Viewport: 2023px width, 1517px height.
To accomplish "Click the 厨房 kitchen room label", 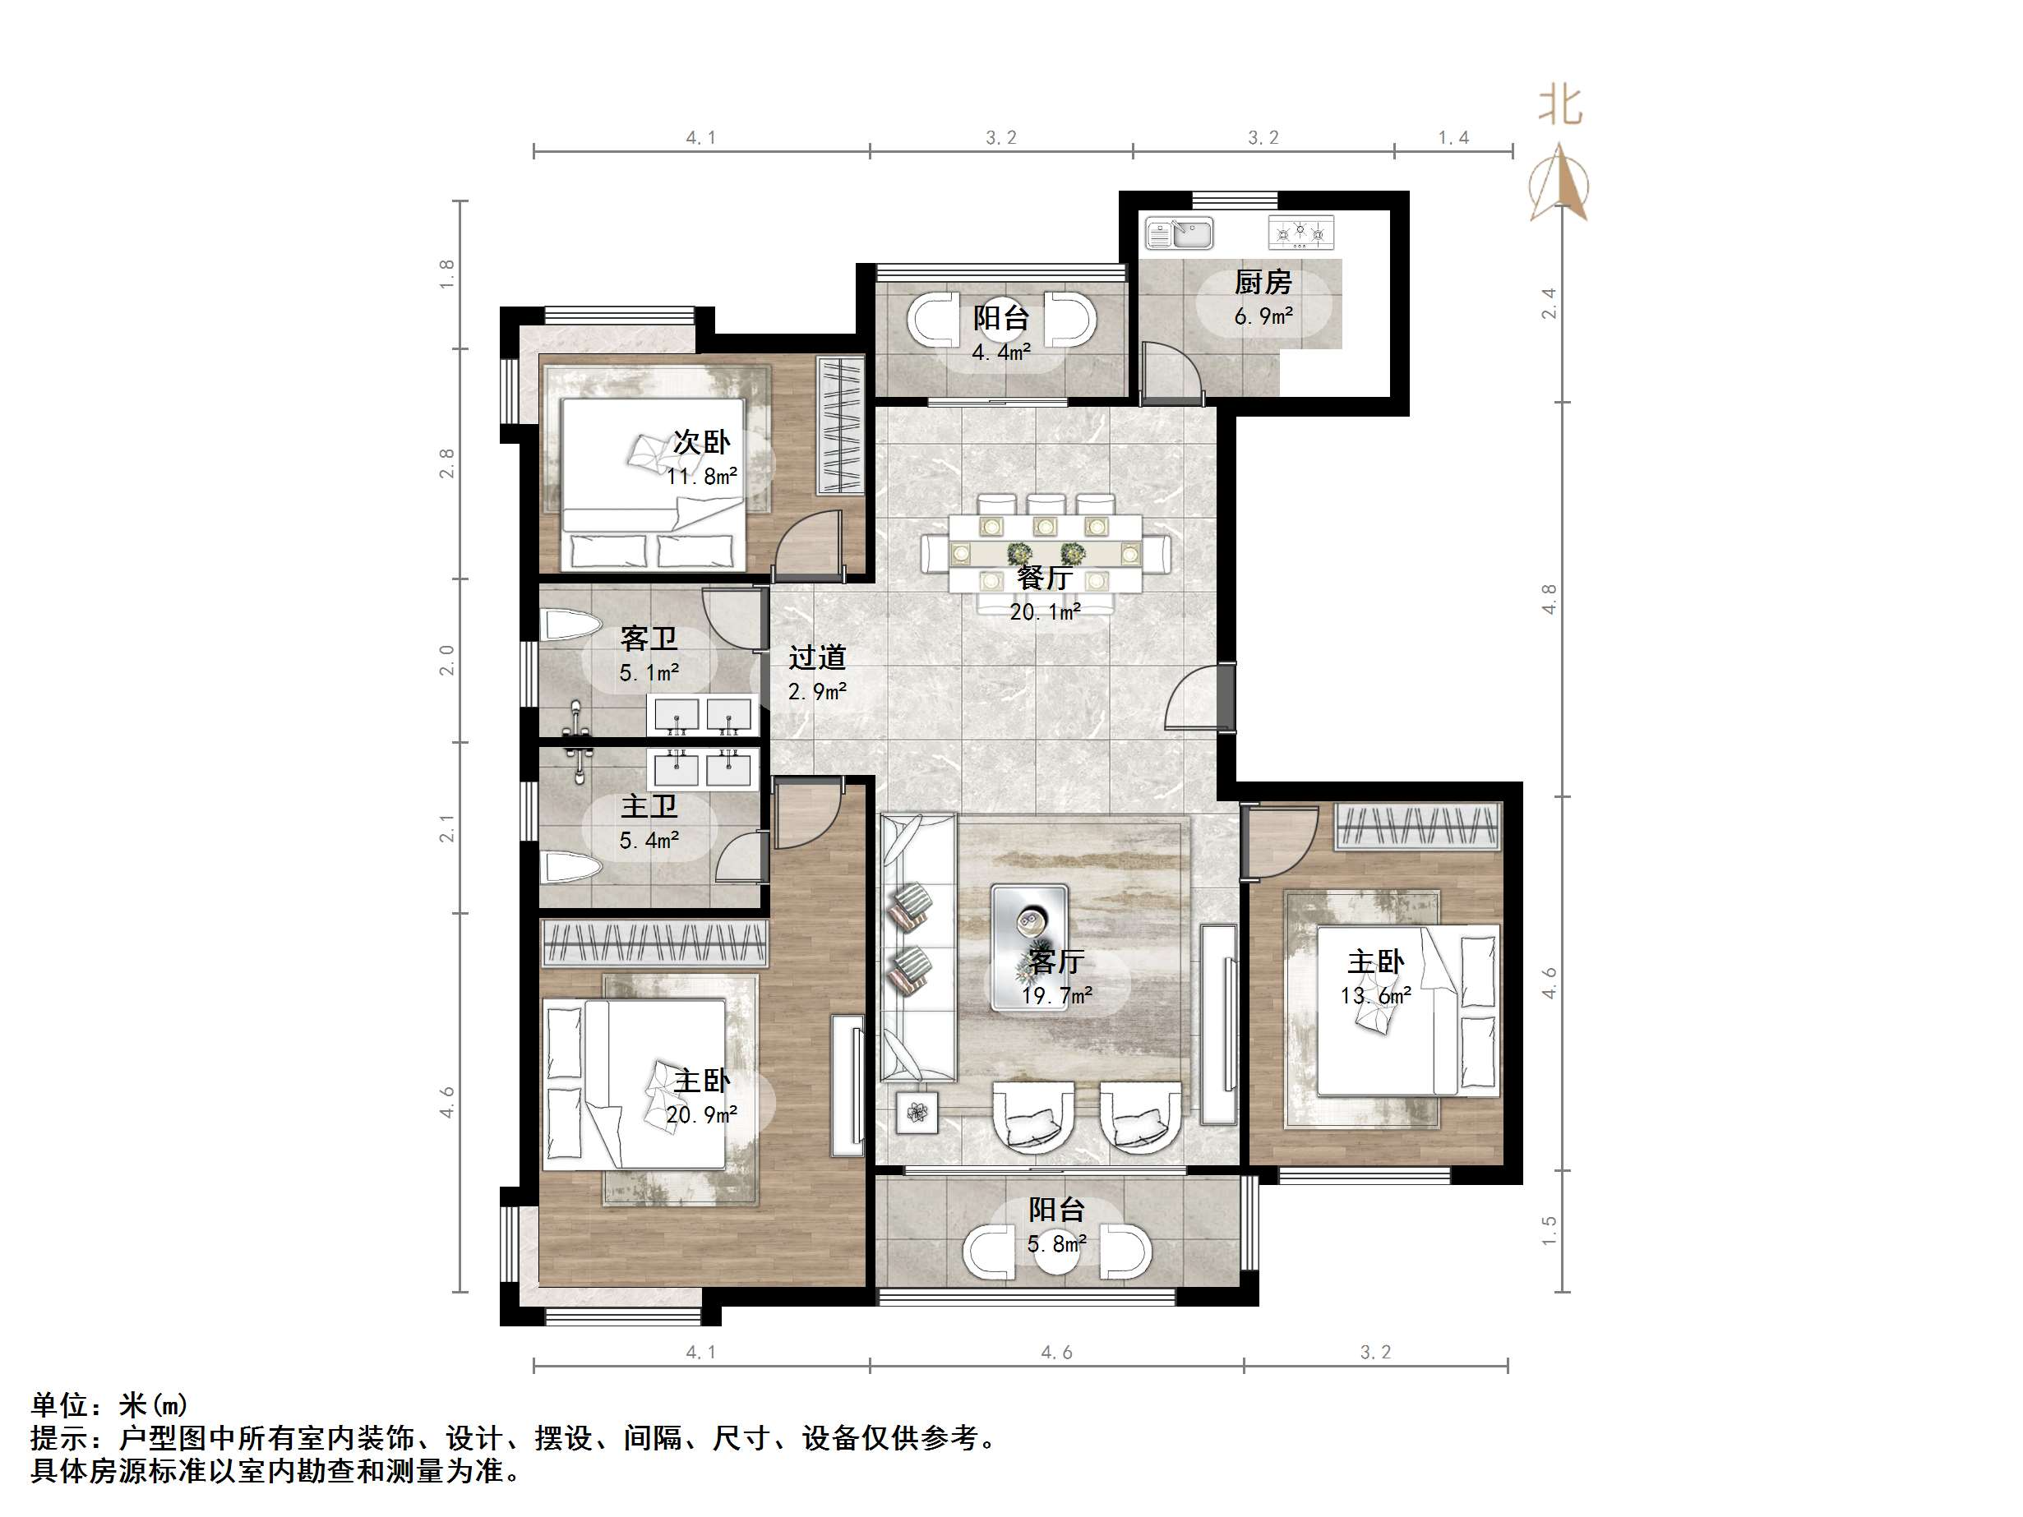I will pyautogui.click(x=1262, y=282).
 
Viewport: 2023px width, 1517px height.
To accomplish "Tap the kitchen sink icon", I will pyautogui.click(x=1179, y=233).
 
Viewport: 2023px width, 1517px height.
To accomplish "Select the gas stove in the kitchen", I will pyautogui.click(x=1300, y=233).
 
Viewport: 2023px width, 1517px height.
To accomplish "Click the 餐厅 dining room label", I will pyautogui.click(x=1045, y=577).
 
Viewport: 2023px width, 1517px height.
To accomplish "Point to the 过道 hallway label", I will pyautogui.click(x=817, y=657).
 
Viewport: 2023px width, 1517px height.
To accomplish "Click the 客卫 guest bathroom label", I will pyautogui.click(x=648, y=638).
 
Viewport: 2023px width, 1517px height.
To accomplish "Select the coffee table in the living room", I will pyautogui.click(x=1030, y=947).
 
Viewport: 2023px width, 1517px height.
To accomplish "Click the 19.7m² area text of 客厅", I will pyautogui.click(x=1056, y=995).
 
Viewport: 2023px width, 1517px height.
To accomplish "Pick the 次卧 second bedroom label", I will pyautogui.click(x=701, y=443).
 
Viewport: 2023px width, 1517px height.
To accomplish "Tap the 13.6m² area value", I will pyautogui.click(x=1375, y=996).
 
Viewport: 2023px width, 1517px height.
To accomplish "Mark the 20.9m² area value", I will pyautogui.click(x=701, y=1114).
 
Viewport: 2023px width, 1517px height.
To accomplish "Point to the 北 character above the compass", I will pyautogui.click(x=1560, y=106).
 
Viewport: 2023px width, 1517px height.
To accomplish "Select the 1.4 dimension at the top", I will pyautogui.click(x=1453, y=138).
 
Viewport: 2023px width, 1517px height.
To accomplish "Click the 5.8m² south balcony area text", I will pyautogui.click(x=1056, y=1243).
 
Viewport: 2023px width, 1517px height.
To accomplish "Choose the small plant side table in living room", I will pyautogui.click(x=917, y=1112).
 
